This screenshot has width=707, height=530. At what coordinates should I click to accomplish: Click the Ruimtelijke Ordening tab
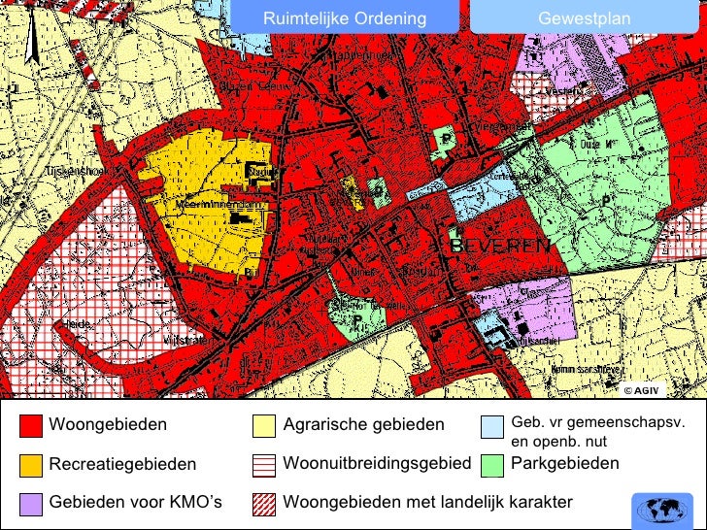click(x=345, y=18)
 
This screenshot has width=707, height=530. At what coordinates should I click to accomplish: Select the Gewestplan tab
click(x=584, y=18)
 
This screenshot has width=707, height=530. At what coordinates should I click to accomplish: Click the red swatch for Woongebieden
click(x=31, y=425)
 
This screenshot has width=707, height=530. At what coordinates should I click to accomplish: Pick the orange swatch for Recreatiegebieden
click(x=31, y=465)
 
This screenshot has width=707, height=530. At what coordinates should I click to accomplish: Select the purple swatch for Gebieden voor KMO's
click(x=31, y=503)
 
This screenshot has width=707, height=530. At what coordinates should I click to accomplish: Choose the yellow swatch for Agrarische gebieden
click(x=263, y=425)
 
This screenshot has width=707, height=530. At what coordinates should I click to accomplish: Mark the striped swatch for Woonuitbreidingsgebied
click(x=263, y=465)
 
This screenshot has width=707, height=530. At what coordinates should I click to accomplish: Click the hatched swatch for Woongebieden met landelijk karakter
click(x=263, y=503)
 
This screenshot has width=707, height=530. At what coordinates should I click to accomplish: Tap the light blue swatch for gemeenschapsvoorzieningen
click(x=493, y=425)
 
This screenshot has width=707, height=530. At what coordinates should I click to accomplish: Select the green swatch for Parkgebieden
click(x=493, y=465)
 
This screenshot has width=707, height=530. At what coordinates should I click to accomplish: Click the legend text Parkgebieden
click(x=564, y=464)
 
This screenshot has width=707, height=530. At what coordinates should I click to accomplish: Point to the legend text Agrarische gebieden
click(x=363, y=425)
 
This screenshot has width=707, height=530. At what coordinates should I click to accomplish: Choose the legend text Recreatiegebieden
click(x=122, y=465)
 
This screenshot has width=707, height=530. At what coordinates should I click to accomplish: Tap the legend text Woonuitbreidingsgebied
click(x=377, y=464)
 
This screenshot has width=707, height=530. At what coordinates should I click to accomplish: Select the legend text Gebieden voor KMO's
click(x=136, y=503)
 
